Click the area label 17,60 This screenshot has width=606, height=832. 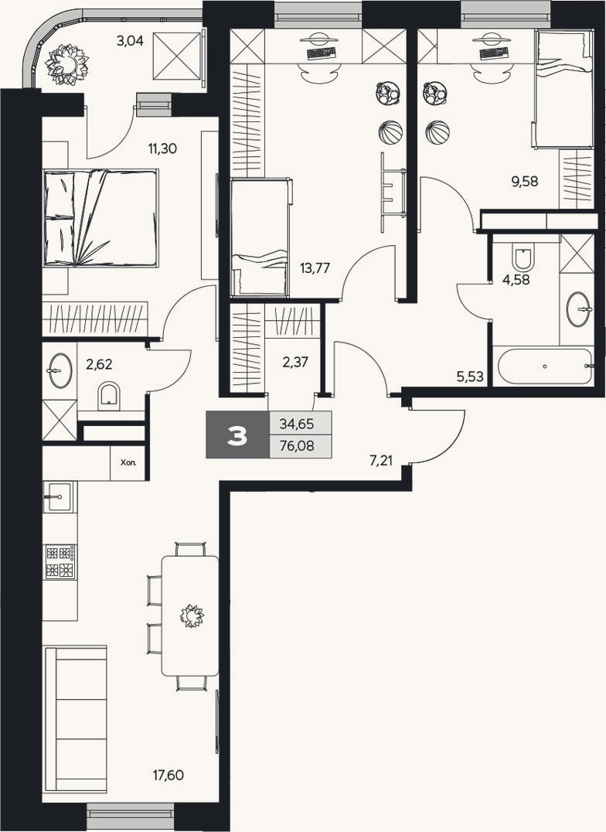(169, 776)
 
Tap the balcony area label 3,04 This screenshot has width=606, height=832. (130, 40)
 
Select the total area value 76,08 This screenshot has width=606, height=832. (297, 446)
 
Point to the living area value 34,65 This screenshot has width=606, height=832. (297, 424)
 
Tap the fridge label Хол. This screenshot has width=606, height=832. (128, 462)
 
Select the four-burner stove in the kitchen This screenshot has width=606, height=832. (60, 562)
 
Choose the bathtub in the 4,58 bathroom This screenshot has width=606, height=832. (545, 366)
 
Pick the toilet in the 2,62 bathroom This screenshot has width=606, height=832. (110, 395)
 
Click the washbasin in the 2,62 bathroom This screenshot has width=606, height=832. (60, 370)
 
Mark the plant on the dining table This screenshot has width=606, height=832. (191, 616)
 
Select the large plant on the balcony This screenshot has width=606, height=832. (67, 64)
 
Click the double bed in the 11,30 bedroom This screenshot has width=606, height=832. (100, 218)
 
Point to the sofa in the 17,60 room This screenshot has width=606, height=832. (75, 719)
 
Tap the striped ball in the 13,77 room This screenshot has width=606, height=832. (390, 132)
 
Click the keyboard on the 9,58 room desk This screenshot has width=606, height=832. (493, 53)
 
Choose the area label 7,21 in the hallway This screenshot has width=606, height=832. (380, 461)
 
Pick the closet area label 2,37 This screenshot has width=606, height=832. (295, 363)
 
